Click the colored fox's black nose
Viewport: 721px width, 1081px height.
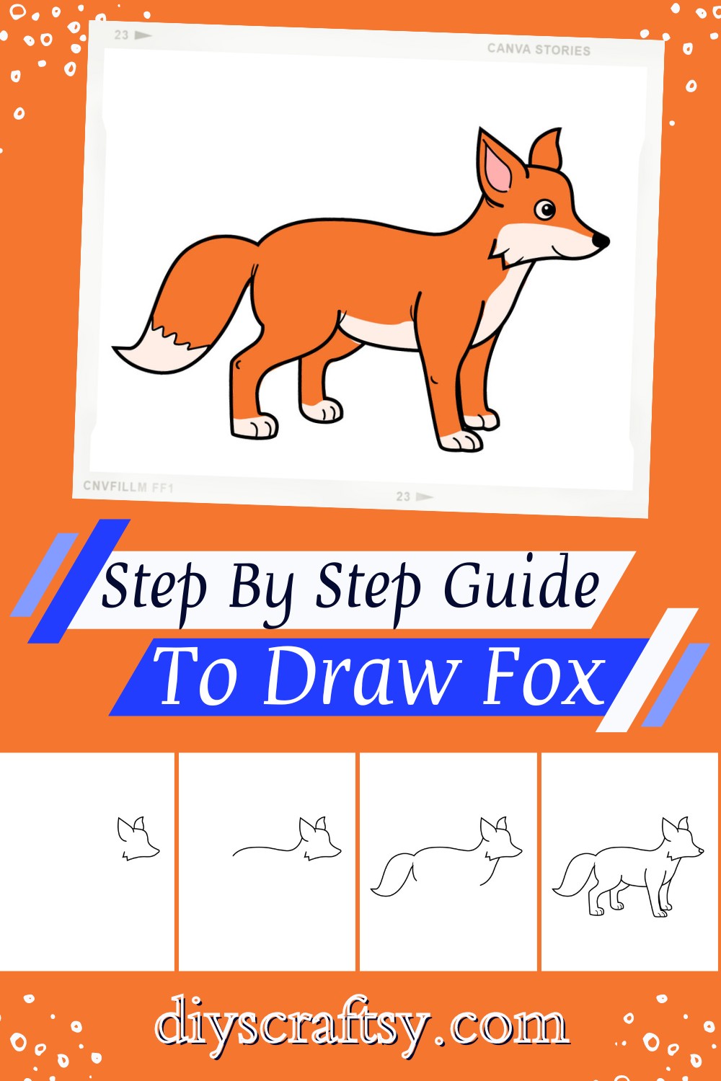pos(601,240)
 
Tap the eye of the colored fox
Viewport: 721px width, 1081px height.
pos(545,210)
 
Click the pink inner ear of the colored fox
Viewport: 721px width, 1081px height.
pos(497,169)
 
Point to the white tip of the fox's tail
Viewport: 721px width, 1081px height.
pos(160,348)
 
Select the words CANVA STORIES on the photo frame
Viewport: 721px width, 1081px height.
pos(539,50)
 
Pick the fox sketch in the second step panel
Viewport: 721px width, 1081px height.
pos(287,839)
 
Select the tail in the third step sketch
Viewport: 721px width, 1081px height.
pos(392,874)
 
